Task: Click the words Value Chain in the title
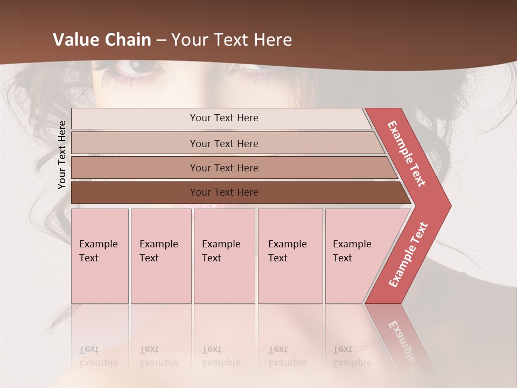[x=102, y=40]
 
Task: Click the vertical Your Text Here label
[x=62, y=155]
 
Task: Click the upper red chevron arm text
[x=407, y=154]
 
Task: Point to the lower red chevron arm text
[x=408, y=254]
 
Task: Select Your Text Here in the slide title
[x=232, y=40]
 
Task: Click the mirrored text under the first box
[x=98, y=356]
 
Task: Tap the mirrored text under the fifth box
[x=352, y=356]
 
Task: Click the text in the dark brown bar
[x=224, y=192]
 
